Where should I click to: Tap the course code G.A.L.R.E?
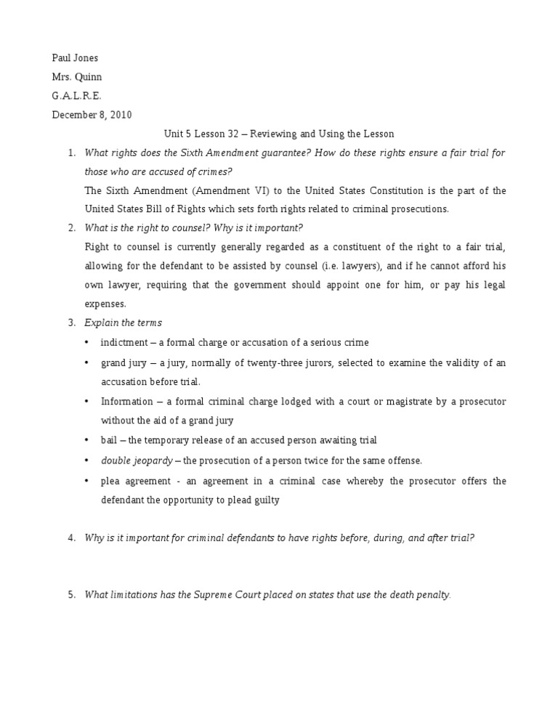tap(77, 96)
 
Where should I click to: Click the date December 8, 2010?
tap(92, 115)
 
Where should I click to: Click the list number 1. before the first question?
tap(71, 153)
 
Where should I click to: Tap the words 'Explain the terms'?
tap(123, 323)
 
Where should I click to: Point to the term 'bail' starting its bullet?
tap(109, 440)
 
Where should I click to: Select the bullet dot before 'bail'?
tap(86, 440)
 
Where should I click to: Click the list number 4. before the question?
tap(71, 538)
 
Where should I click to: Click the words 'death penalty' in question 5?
tap(420, 594)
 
